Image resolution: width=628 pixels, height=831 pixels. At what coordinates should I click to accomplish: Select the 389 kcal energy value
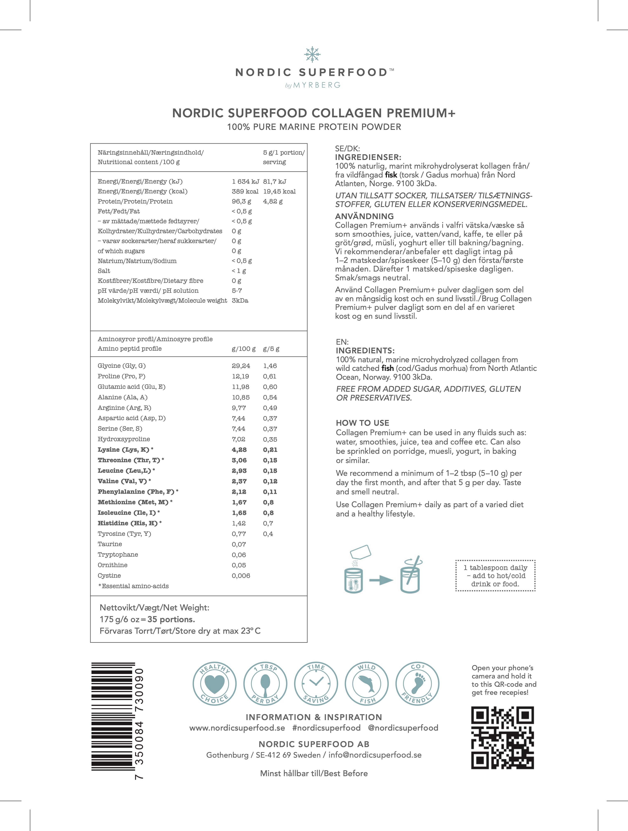pyautogui.click(x=245, y=192)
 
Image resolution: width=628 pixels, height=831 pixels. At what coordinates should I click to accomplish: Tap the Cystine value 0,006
pyautogui.click(x=241, y=576)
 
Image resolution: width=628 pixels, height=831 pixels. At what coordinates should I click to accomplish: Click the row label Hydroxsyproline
pyautogui.click(x=124, y=439)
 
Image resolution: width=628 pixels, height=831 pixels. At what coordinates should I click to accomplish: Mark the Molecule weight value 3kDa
pyautogui.click(x=240, y=301)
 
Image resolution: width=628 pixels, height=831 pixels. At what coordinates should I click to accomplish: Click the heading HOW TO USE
pyautogui.click(x=363, y=423)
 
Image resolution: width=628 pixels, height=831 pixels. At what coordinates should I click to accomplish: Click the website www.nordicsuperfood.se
pyautogui.click(x=237, y=728)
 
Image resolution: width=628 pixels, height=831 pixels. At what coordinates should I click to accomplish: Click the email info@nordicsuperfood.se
pyautogui.click(x=375, y=755)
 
